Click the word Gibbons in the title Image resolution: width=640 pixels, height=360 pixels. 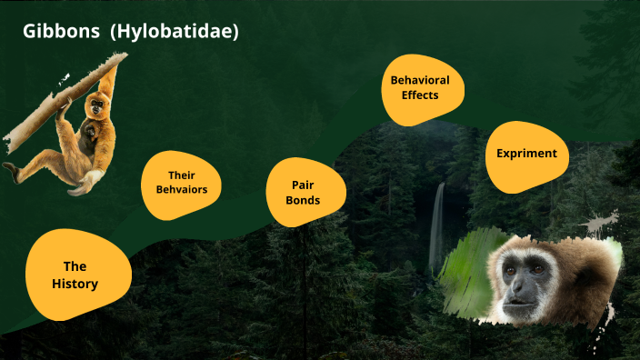coord(61,32)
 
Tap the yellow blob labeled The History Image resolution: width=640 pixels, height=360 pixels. coord(75,275)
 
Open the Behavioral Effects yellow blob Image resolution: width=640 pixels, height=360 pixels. coord(420,87)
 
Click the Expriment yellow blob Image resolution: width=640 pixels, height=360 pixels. coord(526,155)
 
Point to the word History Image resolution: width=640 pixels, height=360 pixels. coord(75,284)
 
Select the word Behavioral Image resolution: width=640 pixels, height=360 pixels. coord(420,80)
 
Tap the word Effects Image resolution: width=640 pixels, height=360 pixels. coord(420,95)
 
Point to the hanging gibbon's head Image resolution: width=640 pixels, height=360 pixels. coord(95,108)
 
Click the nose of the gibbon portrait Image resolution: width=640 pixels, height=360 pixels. coord(515,283)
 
